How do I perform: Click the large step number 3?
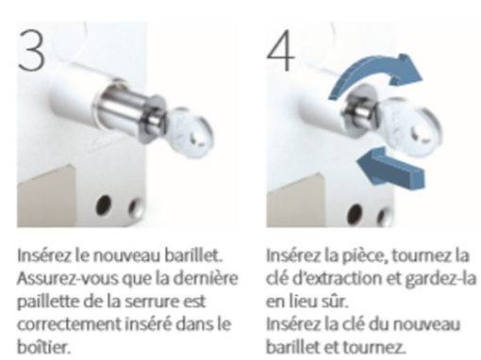coord(31,51)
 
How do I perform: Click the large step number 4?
coord(281,51)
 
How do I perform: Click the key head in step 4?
coord(408,127)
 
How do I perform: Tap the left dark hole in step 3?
coord(104,205)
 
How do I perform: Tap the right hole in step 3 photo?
coord(136,207)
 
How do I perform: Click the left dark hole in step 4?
coord(356,214)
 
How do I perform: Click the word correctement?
coord(68,324)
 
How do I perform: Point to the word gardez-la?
coord(440,280)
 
